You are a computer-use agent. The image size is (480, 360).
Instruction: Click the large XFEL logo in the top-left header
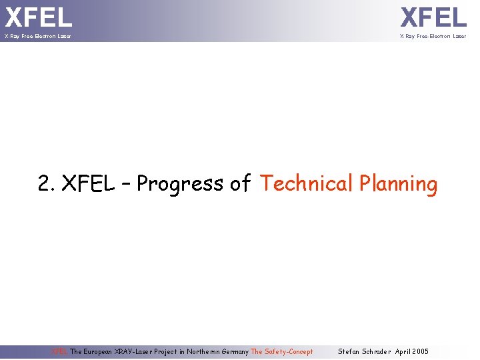tap(39, 16)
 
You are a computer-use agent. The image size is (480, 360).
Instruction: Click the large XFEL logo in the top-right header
tap(433, 16)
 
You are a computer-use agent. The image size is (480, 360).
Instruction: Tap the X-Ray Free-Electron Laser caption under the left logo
tap(37, 36)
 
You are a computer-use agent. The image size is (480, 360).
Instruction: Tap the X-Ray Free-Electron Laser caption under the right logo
tap(433, 36)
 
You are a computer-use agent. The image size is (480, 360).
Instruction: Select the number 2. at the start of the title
tap(47, 183)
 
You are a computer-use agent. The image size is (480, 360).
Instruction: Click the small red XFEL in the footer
tap(60, 351)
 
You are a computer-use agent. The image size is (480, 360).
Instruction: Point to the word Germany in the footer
tap(235, 351)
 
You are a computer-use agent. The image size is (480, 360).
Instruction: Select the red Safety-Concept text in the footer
tap(288, 351)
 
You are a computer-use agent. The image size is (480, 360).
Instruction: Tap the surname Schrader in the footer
tap(377, 351)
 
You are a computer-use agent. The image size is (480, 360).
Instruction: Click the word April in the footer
tap(404, 351)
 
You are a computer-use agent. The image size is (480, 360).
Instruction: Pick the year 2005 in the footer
tap(421, 351)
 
